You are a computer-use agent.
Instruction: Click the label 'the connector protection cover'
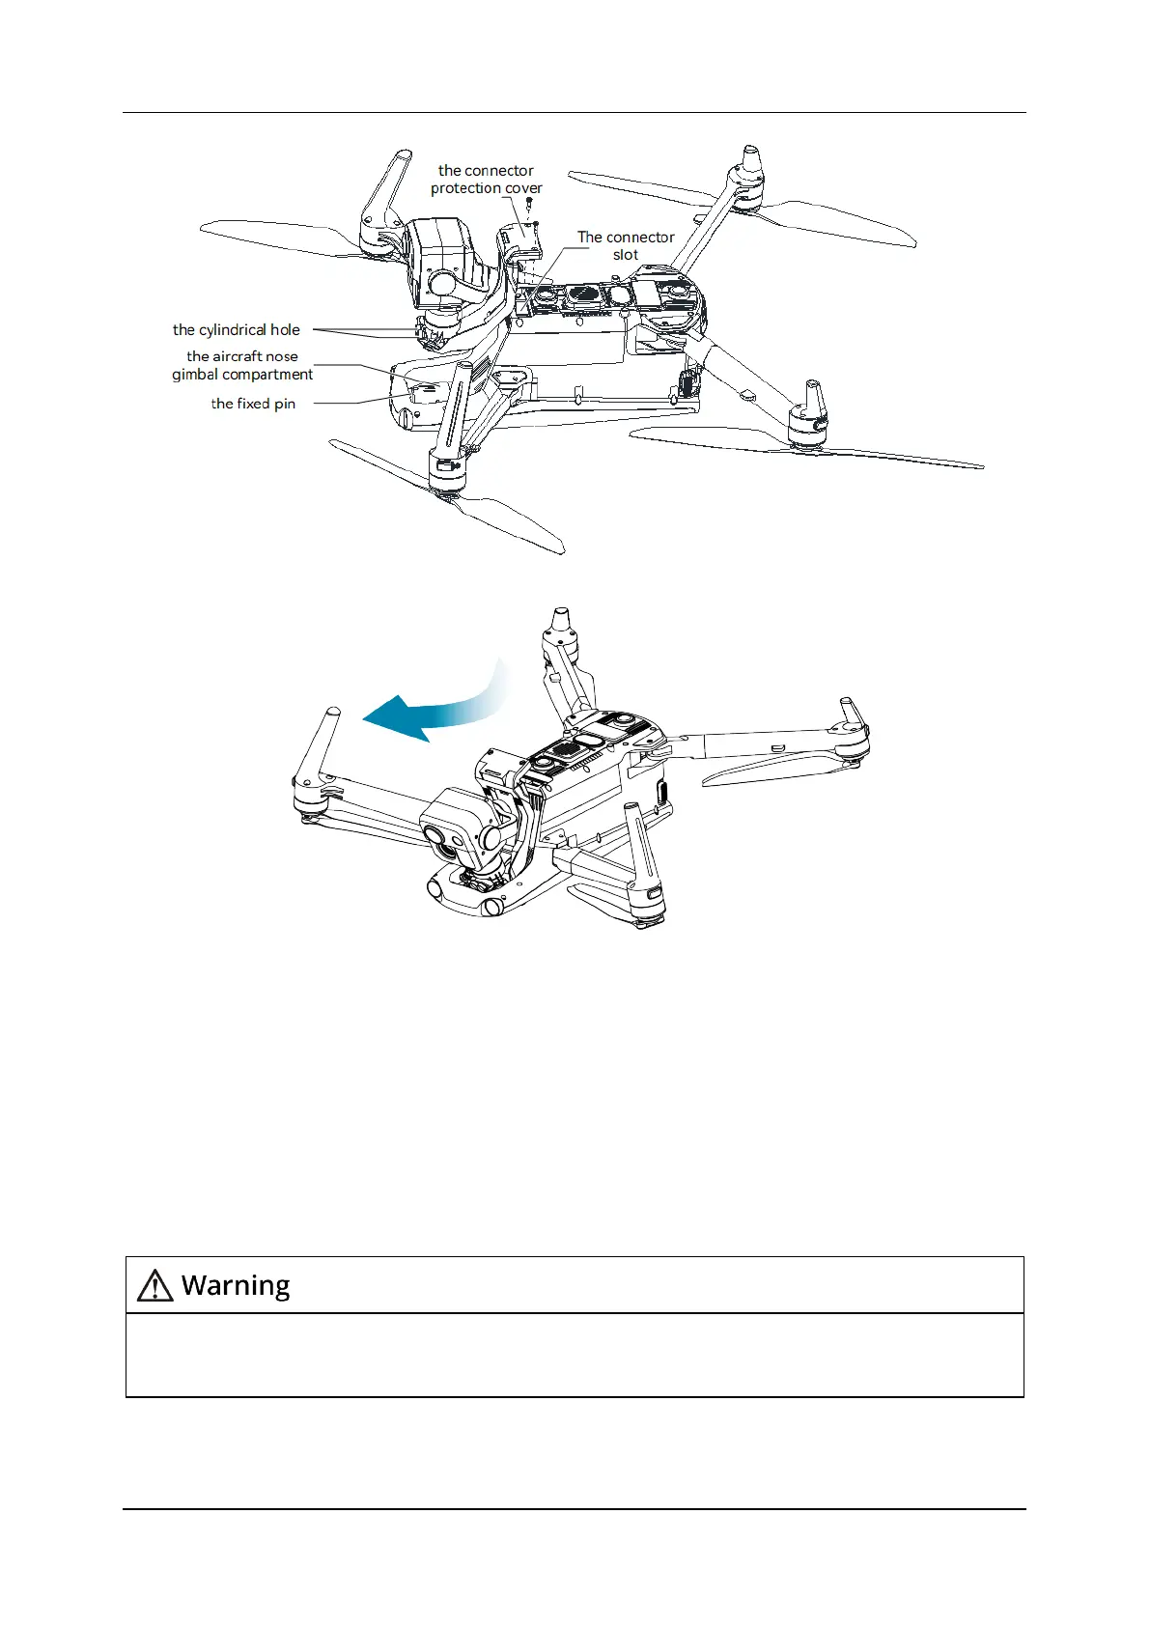tap(486, 180)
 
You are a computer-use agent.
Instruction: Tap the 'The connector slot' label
tap(626, 245)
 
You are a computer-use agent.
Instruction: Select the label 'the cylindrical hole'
tap(237, 330)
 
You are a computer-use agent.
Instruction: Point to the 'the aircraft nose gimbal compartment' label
tap(242, 365)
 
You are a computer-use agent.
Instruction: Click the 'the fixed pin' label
tap(253, 404)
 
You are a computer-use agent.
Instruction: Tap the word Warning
tap(236, 1285)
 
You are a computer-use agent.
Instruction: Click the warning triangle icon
tap(155, 1286)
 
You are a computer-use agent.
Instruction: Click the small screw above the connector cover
tap(530, 204)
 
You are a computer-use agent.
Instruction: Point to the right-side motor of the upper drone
tap(808, 415)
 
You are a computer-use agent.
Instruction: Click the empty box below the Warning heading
tap(575, 1355)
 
